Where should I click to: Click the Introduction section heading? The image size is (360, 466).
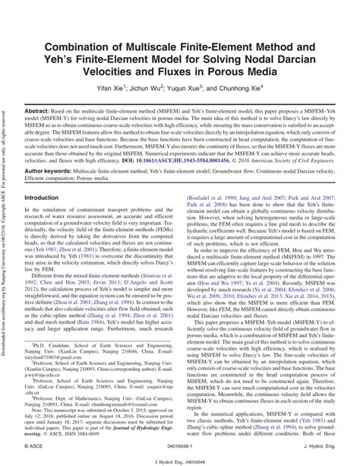click(x=47, y=219)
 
